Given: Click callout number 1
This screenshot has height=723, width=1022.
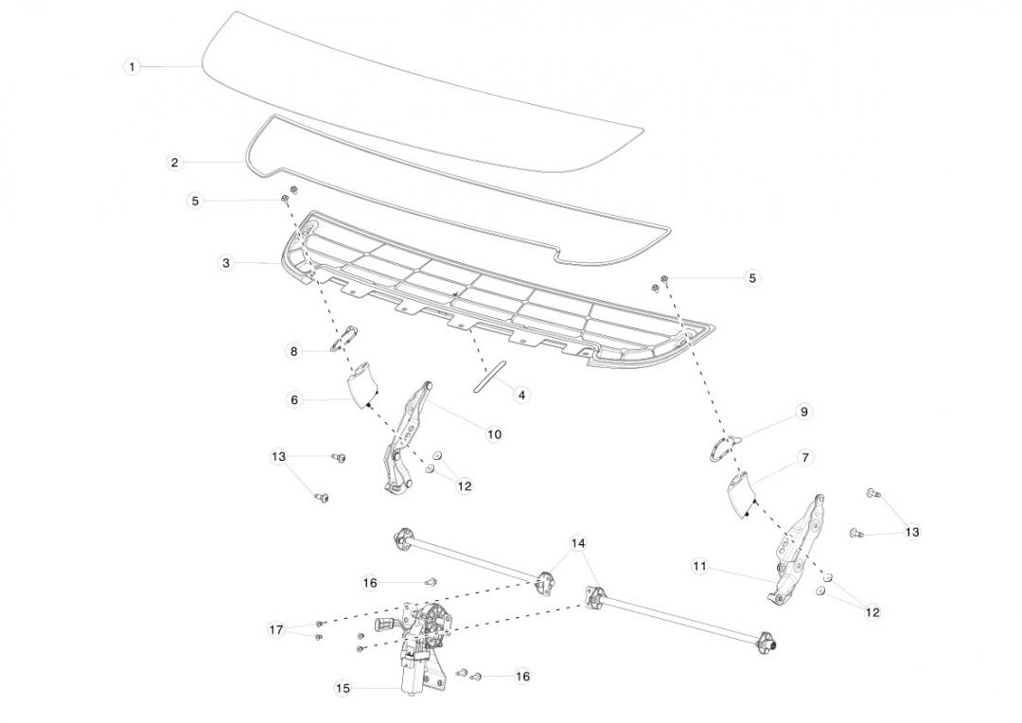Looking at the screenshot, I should [x=132, y=67].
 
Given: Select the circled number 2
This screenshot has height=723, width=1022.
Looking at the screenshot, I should [x=174, y=163].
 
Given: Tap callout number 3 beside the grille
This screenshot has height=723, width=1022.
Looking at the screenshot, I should [x=226, y=263].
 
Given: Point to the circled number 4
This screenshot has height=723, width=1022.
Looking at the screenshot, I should [x=521, y=395].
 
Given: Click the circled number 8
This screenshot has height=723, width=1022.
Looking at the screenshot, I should [x=294, y=351].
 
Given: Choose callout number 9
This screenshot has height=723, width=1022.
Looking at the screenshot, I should [x=803, y=412].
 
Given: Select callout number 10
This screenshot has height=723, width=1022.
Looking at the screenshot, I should [x=494, y=434].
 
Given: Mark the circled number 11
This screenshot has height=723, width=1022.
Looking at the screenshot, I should [x=699, y=566].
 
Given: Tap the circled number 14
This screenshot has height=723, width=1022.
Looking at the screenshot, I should [x=578, y=543].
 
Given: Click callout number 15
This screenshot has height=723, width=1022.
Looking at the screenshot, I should [x=343, y=689].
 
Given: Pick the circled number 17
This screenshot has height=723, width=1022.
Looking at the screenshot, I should [x=276, y=629].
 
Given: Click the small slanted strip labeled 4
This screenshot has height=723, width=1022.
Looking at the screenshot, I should [x=488, y=375].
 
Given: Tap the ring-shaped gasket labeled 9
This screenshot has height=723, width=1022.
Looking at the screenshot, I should [x=722, y=446].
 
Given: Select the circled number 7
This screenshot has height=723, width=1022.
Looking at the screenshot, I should [x=805, y=458].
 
